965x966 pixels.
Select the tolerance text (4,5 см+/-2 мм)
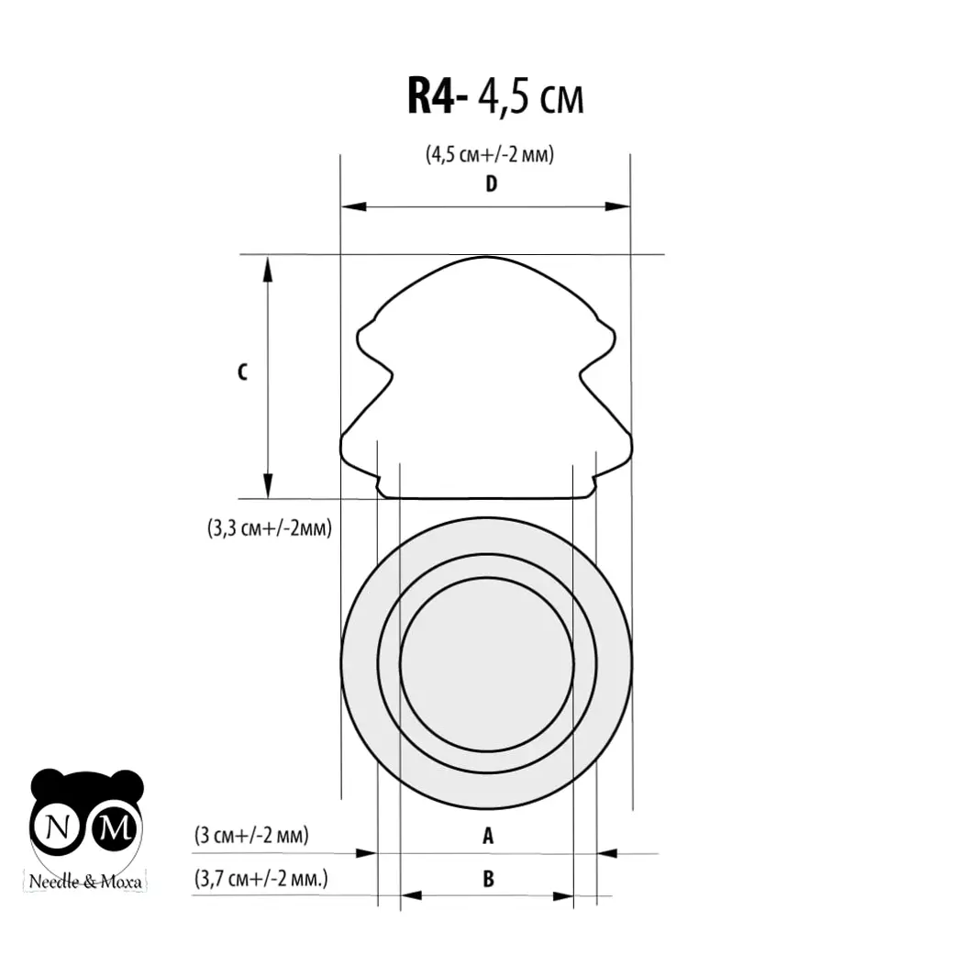point(490,154)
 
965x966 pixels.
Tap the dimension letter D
point(491,183)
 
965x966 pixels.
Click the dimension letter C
point(243,372)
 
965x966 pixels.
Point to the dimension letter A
point(488,836)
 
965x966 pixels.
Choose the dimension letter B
point(488,879)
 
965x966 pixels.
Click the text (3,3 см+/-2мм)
point(270,528)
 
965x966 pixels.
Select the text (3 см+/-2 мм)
point(251,836)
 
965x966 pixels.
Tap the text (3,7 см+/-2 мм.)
point(261,878)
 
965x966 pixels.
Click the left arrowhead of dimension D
point(353,206)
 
